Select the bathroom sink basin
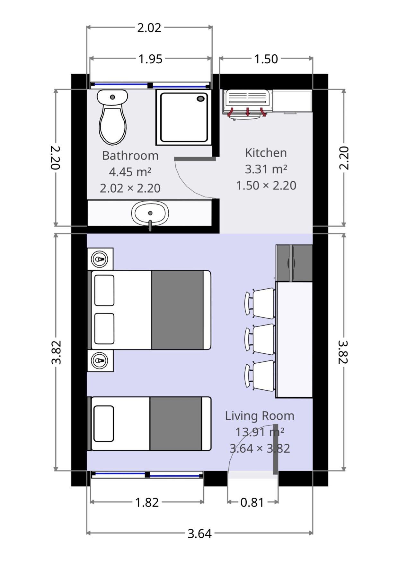[x=150, y=213]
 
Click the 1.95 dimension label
[x=150, y=59]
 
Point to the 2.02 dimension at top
[x=149, y=28]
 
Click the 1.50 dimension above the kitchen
[x=266, y=59]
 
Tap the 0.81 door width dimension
[x=252, y=502]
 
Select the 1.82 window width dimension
[x=147, y=502]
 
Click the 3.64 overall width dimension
[x=199, y=533]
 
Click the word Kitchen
[x=266, y=153]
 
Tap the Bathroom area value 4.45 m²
[x=130, y=172]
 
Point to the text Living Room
[x=260, y=416]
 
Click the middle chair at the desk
[x=261, y=337]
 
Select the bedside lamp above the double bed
[x=100, y=259]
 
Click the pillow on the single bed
[x=104, y=423]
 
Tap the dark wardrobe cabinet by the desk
[x=294, y=263]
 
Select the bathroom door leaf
[x=195, y=159]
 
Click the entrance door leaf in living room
[x=276, y=449]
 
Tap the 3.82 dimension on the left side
[x=56, y=352]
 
